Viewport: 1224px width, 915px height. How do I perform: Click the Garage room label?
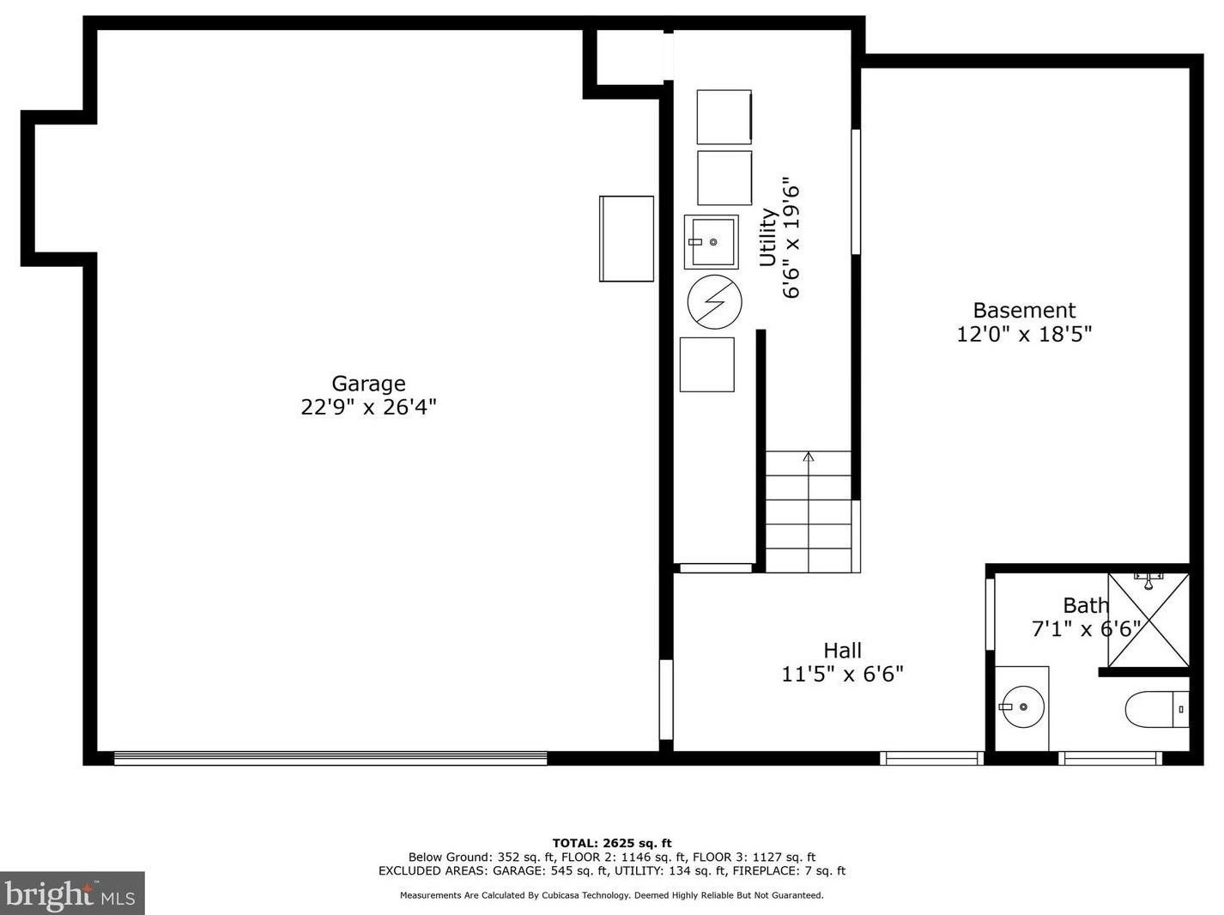(368, 385)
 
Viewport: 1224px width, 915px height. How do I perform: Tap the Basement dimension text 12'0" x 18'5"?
(1024, 334)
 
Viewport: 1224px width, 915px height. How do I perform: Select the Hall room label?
(842, 650)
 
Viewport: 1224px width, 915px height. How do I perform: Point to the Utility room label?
(768, 238)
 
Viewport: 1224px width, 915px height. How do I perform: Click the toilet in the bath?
(1157, 709)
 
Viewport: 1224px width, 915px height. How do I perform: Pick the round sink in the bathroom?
(1022, 707)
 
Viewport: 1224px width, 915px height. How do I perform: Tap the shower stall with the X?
(1148, 620)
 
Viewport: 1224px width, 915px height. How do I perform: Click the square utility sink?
(711, 242)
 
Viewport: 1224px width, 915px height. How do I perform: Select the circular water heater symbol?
(714, 301)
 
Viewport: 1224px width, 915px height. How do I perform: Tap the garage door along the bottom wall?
(330, 758)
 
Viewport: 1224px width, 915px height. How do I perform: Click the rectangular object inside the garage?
(627, 239)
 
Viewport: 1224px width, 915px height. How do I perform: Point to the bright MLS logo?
(72, 894)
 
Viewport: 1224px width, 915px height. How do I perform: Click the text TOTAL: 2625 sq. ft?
(612, 843)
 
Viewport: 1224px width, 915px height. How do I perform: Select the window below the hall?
(932, 758)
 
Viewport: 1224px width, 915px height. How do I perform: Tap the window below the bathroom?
(1110, 758)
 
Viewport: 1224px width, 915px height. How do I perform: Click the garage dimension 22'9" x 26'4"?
(368, 407)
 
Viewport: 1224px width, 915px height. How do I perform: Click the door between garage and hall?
(666, 700)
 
